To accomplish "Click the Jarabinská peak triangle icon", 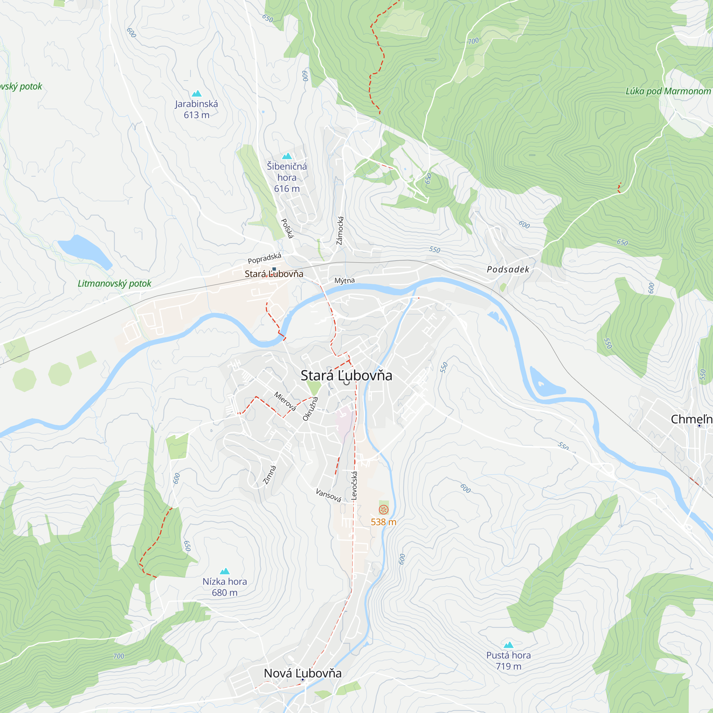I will point(197,93).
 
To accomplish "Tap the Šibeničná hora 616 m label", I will point(287,177).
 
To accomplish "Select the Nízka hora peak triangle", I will point(225,571).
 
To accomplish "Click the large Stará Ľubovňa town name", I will point(346,376).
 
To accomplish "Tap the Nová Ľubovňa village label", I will point(303,673).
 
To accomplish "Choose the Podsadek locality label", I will point(508,270).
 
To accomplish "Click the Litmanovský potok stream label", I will point(114,283).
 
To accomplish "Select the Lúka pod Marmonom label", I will point(668,91).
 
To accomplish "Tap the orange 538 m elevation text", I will point(384,522).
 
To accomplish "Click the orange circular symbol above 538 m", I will point(384,510).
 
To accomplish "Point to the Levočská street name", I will point(354,486).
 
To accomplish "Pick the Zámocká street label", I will point(340,231).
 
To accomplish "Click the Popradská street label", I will point(264,258).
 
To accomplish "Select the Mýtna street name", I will point(344,281).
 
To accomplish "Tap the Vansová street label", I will point(328,495).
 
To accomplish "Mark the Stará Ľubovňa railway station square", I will point(274,269).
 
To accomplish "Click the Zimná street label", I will point(270,475).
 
